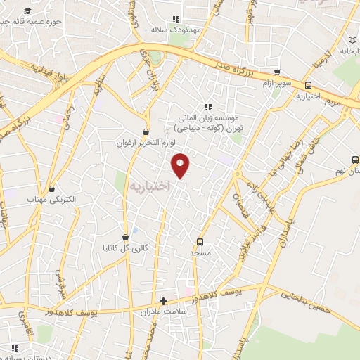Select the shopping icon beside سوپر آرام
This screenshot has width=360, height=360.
[x=278, y=72]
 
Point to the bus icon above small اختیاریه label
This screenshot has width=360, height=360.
[x=308, y=85]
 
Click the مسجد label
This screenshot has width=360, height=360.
[x=200, y=252]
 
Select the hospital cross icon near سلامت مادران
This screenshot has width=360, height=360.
[x=163, y=300]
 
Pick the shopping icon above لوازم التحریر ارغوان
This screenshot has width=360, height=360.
[x=146, y=131]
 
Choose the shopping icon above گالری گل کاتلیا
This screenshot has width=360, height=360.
[x=125, y=237]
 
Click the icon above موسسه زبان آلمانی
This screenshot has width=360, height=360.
[x=207, y=108]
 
